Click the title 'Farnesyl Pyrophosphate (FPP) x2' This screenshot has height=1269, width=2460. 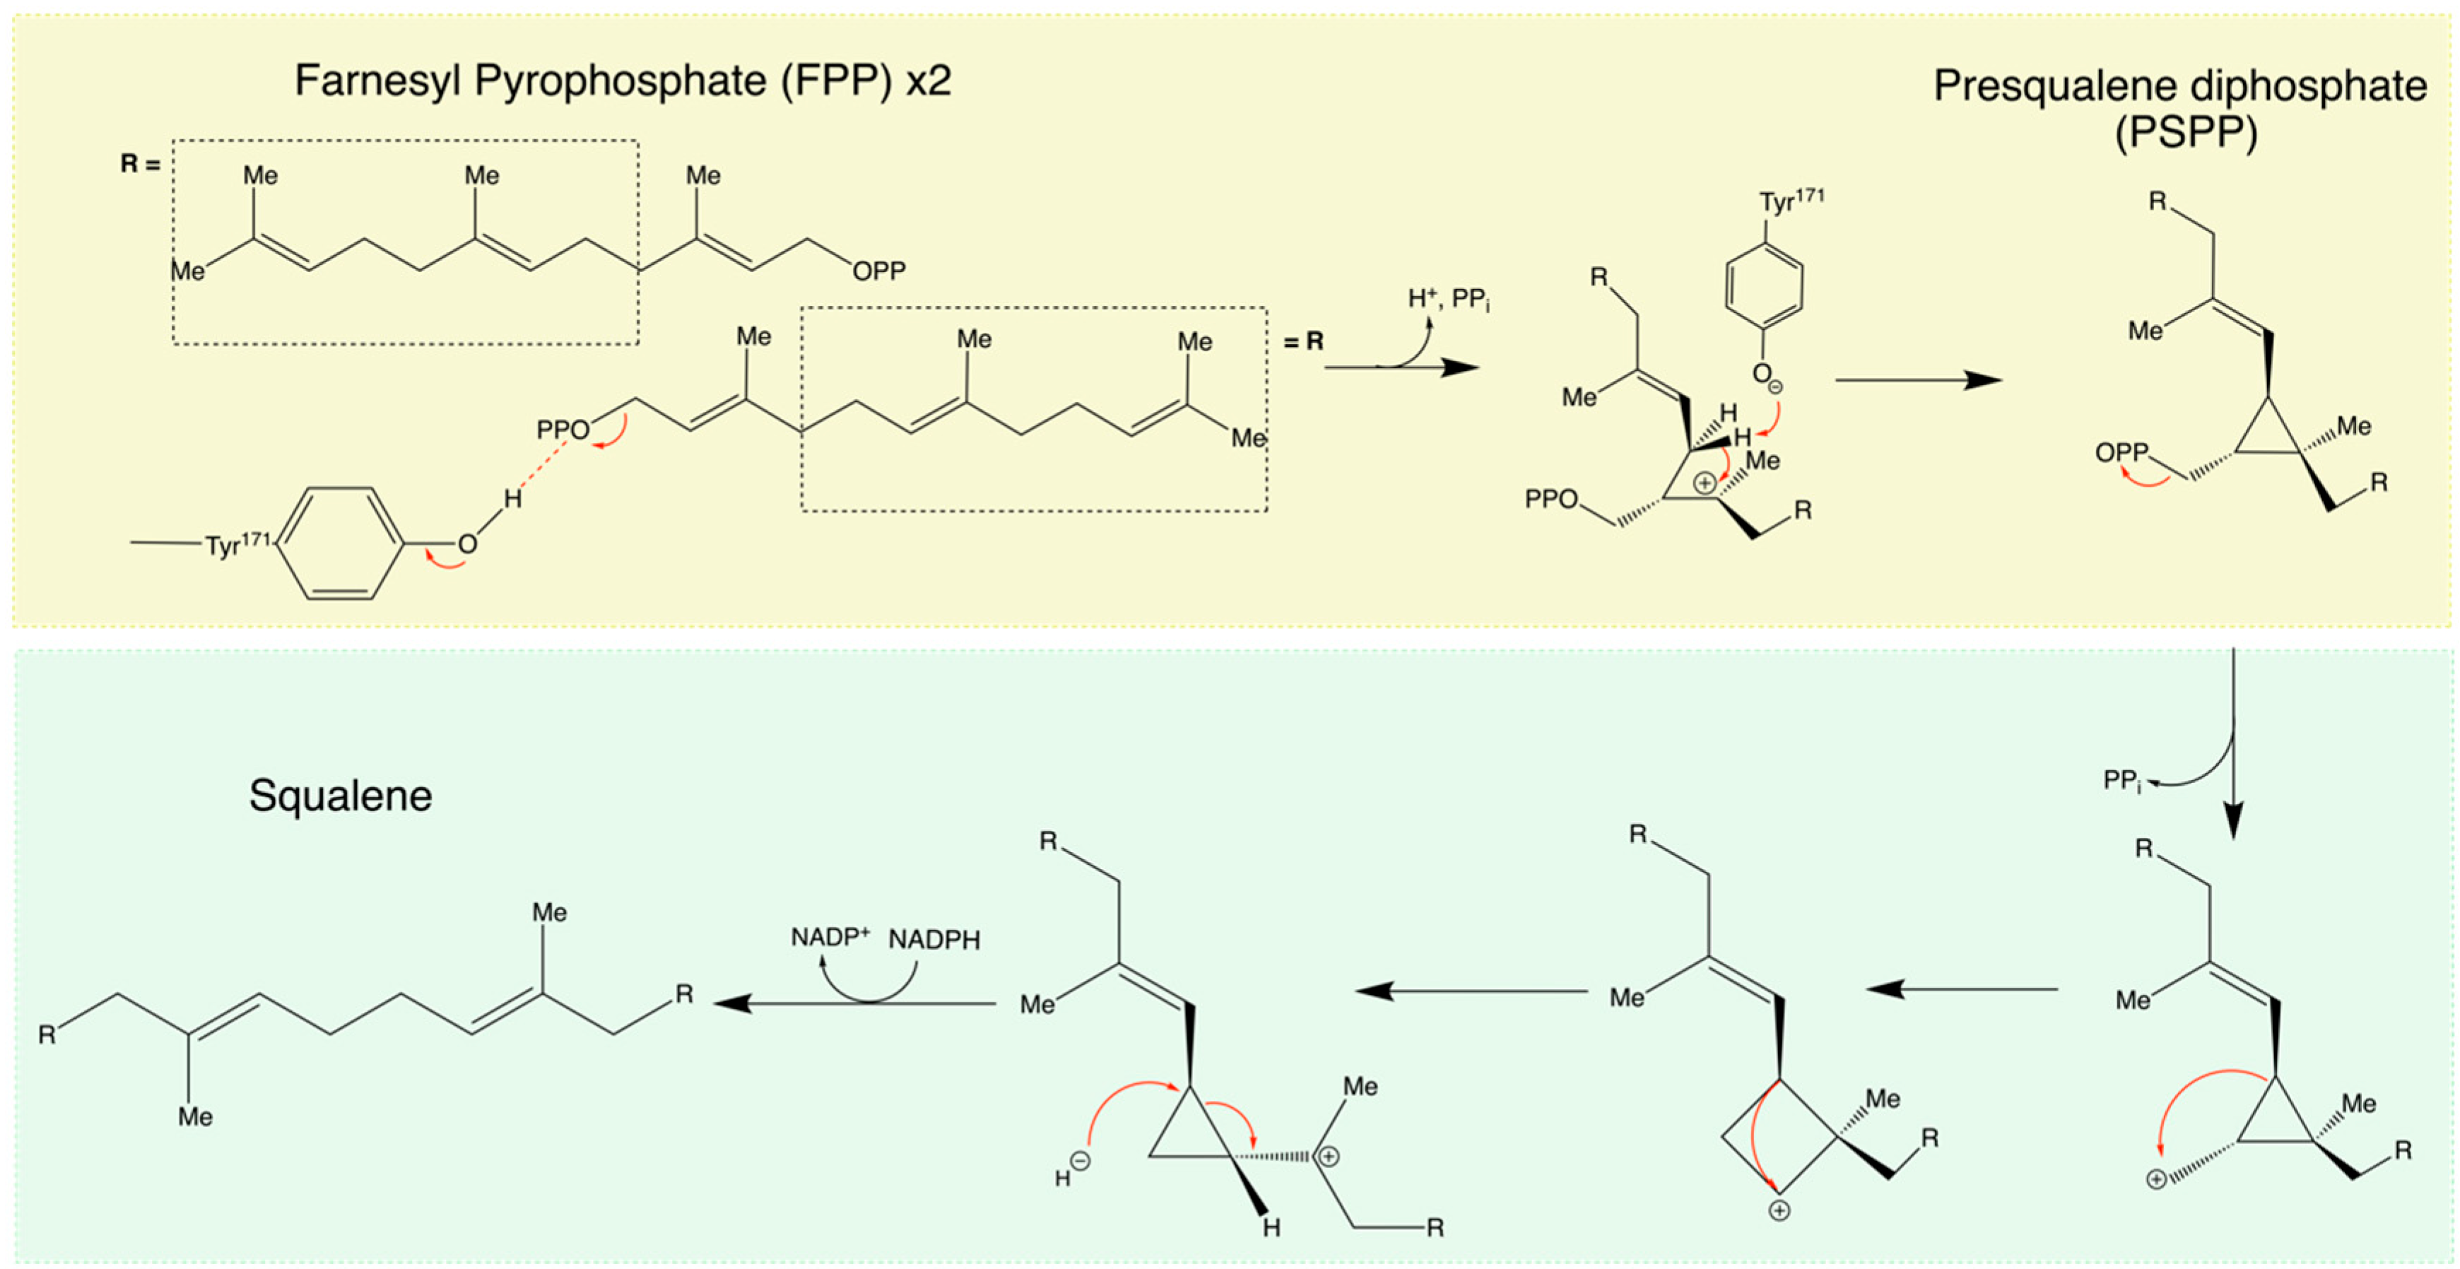point(623,81)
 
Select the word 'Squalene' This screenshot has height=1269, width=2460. point(340,796)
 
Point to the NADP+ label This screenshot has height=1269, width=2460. point(829,938)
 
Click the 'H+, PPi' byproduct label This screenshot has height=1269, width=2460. point(1448,300)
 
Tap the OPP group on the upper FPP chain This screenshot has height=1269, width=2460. point(878,272)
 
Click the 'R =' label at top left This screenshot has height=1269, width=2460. point(141,164)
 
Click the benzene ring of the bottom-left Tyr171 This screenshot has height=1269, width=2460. point(341,543)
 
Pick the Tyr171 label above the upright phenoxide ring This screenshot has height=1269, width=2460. point(1791,201)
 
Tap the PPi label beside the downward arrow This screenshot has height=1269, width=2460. point(2122,781)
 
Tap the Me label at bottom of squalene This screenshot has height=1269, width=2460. point(195,1116)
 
